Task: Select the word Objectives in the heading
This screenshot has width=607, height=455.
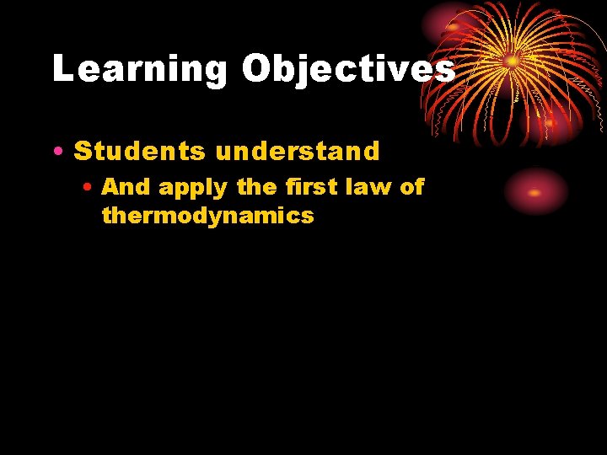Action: (x=348, y=69)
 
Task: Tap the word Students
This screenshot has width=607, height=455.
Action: (x=140, y=152)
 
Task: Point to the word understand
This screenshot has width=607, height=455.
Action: (x=298, y=152)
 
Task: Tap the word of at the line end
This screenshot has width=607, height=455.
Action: (x=411, y=187)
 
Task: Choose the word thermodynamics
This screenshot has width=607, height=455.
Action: (x=207, y=216)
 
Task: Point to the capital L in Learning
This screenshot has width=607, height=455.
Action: (x=62, y=69)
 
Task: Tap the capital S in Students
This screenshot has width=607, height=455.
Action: (x=83, y=152)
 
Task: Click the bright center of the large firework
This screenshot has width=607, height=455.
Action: (x=511, y=62)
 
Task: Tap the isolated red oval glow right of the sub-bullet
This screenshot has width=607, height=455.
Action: (x=535, y=192)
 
